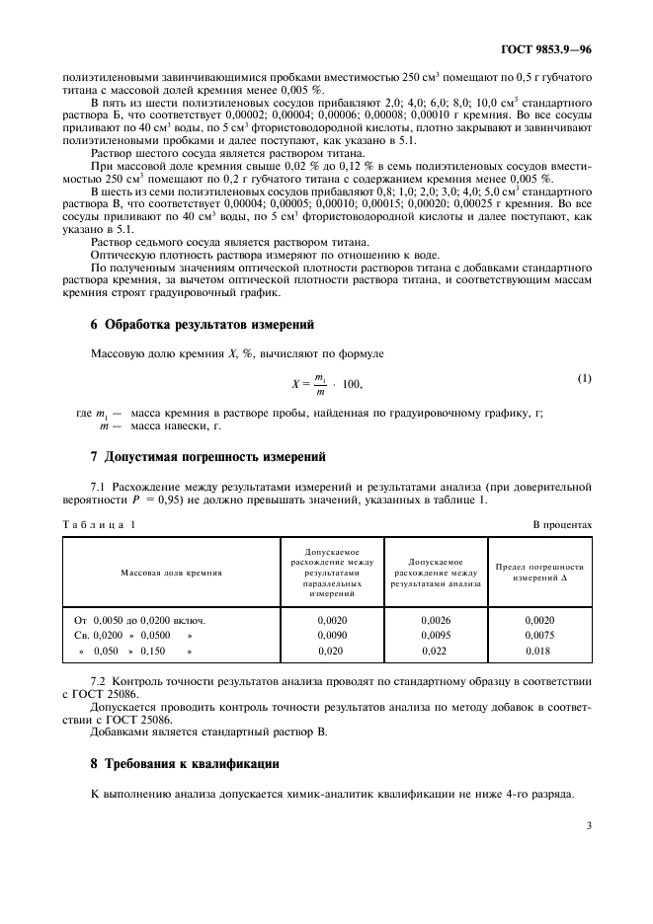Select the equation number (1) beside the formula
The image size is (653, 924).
click(x=584, y=379)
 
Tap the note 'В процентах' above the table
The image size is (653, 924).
click(x=563, y=524)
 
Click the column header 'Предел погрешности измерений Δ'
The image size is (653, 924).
click(x=540, y=573)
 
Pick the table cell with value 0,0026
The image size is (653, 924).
click(x=435, y=619)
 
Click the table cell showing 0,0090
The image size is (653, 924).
click(x=332, y=636)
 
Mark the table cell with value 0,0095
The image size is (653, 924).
click(x=435, y=636)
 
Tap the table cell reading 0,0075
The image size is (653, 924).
click(x=540, y=636)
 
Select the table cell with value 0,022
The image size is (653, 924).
click(x=435, y=653)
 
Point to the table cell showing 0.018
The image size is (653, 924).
click(x=540, y=653)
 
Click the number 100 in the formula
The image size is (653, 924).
click(x=351, y=381)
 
